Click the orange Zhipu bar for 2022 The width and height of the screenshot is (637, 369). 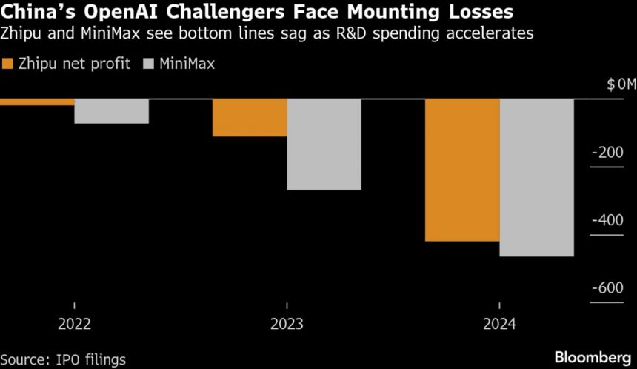37,102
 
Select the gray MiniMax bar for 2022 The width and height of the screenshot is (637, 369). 111,110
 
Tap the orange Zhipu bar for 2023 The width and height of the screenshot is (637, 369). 250,117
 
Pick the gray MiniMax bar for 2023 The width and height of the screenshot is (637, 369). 324,144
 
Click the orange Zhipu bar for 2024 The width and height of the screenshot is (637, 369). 461,170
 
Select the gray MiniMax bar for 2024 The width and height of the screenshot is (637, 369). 536,177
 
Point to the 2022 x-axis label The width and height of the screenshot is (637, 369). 74,324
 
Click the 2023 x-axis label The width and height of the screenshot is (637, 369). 287,324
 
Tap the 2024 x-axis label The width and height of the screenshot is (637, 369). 498,324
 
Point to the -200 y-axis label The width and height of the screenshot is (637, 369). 608,153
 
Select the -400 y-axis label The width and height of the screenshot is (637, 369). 608,220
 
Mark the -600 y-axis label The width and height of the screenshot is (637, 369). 608,288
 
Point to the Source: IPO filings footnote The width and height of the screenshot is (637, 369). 64,358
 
